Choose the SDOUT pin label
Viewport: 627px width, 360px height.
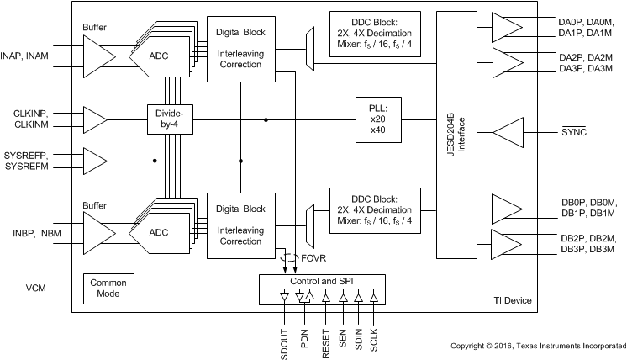pyautogui.click(x=284, y=340)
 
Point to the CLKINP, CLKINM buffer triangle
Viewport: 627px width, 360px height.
pyautogui.click(x=94, y=119)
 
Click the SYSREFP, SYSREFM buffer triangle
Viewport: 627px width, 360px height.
pyautogui.click(x=94, y=161)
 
